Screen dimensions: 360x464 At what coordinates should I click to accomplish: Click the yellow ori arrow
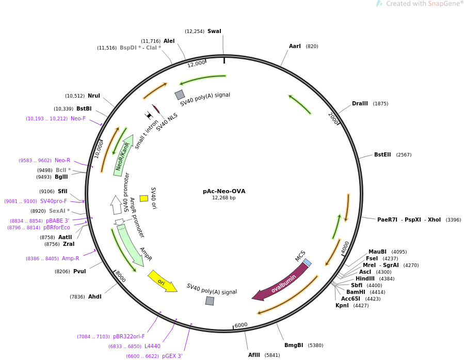click(x=162, y=281)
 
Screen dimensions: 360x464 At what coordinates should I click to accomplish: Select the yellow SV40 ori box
click(x=144, y=198)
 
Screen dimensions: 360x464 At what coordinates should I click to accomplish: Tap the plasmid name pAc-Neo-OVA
click(x=224, y=191)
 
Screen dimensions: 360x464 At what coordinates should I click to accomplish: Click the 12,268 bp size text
click(x=223, y=198)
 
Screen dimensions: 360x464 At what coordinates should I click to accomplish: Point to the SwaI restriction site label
click(x=214, y=31)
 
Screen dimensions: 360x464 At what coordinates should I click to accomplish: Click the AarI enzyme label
click(x=295, y=46)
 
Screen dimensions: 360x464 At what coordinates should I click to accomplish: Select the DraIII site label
click(x=360, y=103)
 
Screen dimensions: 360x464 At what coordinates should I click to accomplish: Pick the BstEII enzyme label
click(x=382, y=154)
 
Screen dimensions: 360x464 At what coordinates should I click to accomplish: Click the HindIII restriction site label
click(x=365, y=278)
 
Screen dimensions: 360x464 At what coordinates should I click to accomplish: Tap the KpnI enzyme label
click(x=342, y=305)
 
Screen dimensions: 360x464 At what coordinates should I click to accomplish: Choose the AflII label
click(x=254, y=355)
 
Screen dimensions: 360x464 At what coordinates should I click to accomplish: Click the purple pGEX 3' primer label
click(x=172, y=356)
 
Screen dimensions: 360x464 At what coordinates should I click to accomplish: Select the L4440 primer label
click(x=152, y=346)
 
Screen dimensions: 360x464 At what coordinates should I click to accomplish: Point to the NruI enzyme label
click(x=94, y=96)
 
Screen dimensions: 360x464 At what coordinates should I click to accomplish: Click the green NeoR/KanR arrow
click(x=123, y=155)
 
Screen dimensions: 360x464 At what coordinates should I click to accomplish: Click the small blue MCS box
click(x=307, y=262)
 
